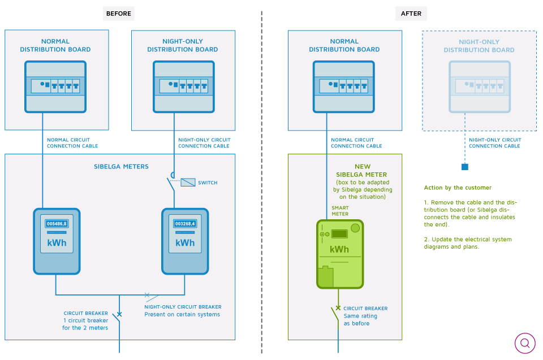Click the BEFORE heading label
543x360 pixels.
click(118, 14)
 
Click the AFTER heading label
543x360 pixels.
click(411, 14)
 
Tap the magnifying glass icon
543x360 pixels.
click(525, 343)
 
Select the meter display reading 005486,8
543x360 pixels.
click(57, 224)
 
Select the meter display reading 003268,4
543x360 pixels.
click(185, 224)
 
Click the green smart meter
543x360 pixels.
click(340, 254)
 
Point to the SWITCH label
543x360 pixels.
click(208, 183)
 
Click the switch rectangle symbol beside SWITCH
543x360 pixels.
click(188, 182)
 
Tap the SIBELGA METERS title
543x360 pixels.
click(121, 167)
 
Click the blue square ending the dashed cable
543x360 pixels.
click(465, 167)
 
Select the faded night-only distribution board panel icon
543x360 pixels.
click(480, 86)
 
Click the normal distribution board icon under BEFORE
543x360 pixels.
click(55, 86)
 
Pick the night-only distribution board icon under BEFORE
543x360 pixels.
click(184, 86)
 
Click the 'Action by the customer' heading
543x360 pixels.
click(458, 188)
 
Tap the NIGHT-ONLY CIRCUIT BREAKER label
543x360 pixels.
click(183, 307)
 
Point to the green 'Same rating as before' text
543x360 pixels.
click(360, 319)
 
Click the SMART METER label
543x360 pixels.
click(340, 211)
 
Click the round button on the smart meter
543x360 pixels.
click(355, 228)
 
